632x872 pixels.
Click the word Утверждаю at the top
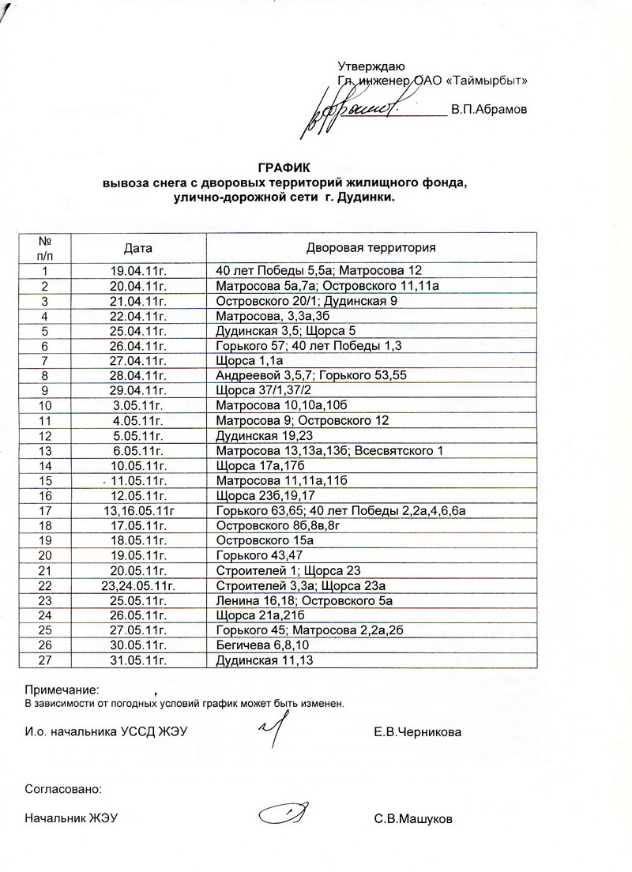tap(371, 66)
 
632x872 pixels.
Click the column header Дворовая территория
tap(371, 247)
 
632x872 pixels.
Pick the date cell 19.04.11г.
tap(142, 270)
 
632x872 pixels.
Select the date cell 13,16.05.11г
tap(142, 511)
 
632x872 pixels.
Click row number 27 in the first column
tap(45, 660)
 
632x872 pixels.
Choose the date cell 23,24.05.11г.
tap(142, 586)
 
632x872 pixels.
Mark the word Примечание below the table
tap(62, 690)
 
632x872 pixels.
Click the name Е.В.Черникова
tap(418, 732)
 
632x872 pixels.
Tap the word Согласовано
tap(63, 788)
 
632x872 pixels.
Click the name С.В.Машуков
tap(414, 819)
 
